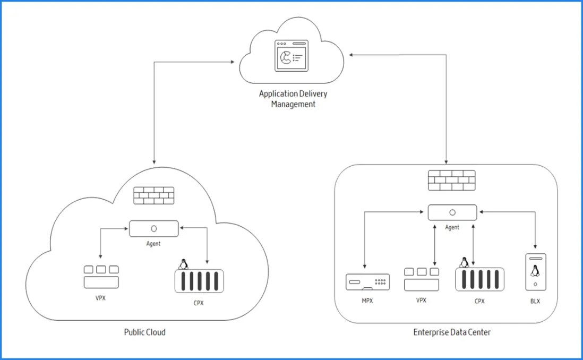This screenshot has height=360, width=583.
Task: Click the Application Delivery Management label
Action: [x=293, y=99]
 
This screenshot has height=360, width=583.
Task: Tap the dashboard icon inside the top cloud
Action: [x=290, y=56]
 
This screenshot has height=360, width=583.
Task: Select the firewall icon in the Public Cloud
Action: [x=154, y=196]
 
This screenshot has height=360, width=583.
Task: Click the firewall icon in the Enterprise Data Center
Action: [x=451, y=181]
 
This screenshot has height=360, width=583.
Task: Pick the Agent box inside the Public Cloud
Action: [x=154, y=228]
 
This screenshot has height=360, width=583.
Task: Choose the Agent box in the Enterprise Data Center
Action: [x=452, y=212]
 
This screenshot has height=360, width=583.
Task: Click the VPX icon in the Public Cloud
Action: [x=101, y=276]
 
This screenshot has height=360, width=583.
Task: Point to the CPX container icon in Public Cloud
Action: [x=199, y=280]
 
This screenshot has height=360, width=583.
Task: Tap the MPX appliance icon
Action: [x=368, y=282]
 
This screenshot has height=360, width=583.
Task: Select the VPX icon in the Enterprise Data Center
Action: [x=422, y=279]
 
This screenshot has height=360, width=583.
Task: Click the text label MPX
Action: [x=368, y=301]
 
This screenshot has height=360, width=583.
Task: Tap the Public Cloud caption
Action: [x=145, y=332]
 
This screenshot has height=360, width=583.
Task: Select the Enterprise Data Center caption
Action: [x=452, y=332]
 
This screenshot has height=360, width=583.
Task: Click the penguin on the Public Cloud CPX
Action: [x=184, y=264]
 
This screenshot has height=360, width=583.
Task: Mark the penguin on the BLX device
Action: [x=535, y=272]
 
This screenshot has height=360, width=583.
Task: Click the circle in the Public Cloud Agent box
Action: [x=154, y=228]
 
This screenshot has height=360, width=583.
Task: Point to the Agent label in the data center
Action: [x=452, y=227]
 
